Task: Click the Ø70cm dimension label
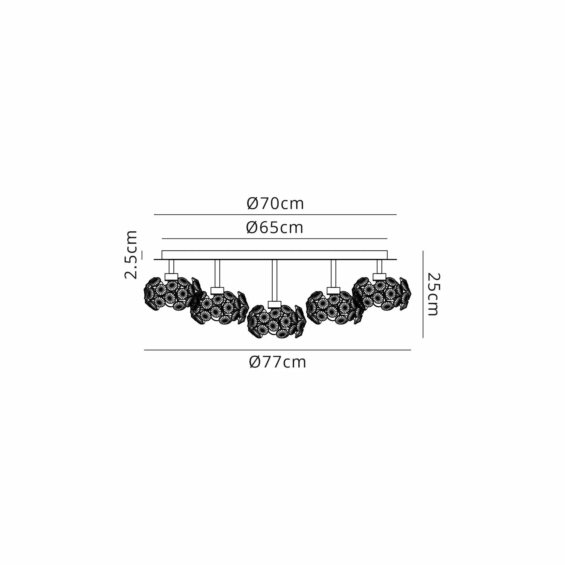tap(275, 204)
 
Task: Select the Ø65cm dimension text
tap(275, 228)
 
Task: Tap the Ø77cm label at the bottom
tap(277, 362)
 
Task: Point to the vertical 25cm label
tap(433, 294)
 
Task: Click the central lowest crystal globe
tap(276, 321)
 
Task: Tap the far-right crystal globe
tap(382, 294)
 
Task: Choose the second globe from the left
tap(219, 308)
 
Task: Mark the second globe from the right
tap(335, 308)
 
